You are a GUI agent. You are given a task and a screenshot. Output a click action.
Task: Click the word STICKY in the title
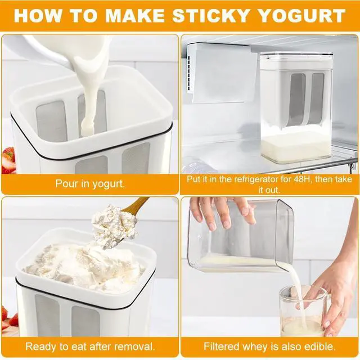pos(217,15)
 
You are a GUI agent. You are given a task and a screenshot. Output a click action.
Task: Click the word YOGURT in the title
pos(304,15)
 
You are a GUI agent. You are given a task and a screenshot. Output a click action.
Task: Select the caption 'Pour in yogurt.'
pos(90,183)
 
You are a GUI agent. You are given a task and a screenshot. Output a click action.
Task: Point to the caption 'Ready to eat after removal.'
pos(90,346)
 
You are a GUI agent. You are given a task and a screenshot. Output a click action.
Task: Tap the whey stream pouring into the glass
pos(295,287)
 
